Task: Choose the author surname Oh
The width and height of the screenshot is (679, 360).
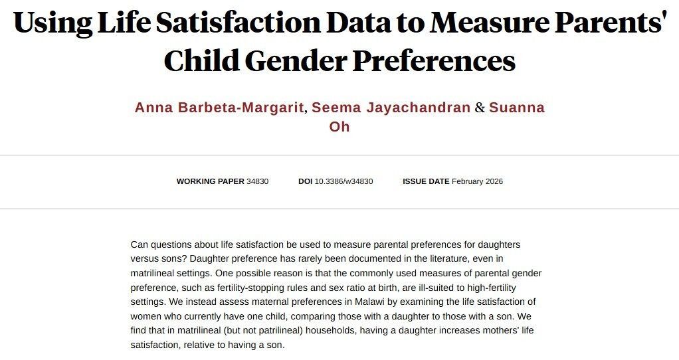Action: [339, 126]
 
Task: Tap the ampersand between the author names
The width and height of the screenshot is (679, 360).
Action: [480, 108]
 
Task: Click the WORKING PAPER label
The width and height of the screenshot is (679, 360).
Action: [210, 181]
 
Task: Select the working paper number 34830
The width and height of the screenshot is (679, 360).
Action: [257, 181]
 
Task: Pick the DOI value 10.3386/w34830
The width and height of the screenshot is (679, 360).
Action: [343, 181]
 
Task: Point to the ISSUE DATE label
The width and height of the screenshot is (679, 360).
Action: [426, 181]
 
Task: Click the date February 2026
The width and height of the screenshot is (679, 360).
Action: [477, 181]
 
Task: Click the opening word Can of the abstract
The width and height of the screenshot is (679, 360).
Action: [140, 244]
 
